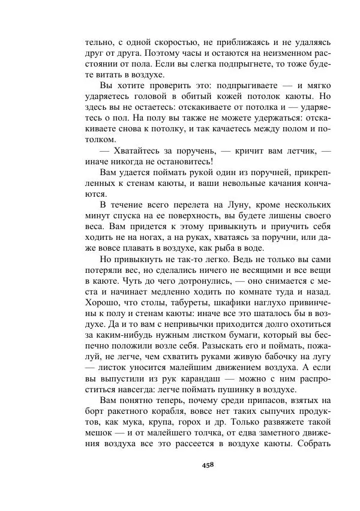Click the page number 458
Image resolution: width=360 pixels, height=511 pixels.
click(x=208, y=464)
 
